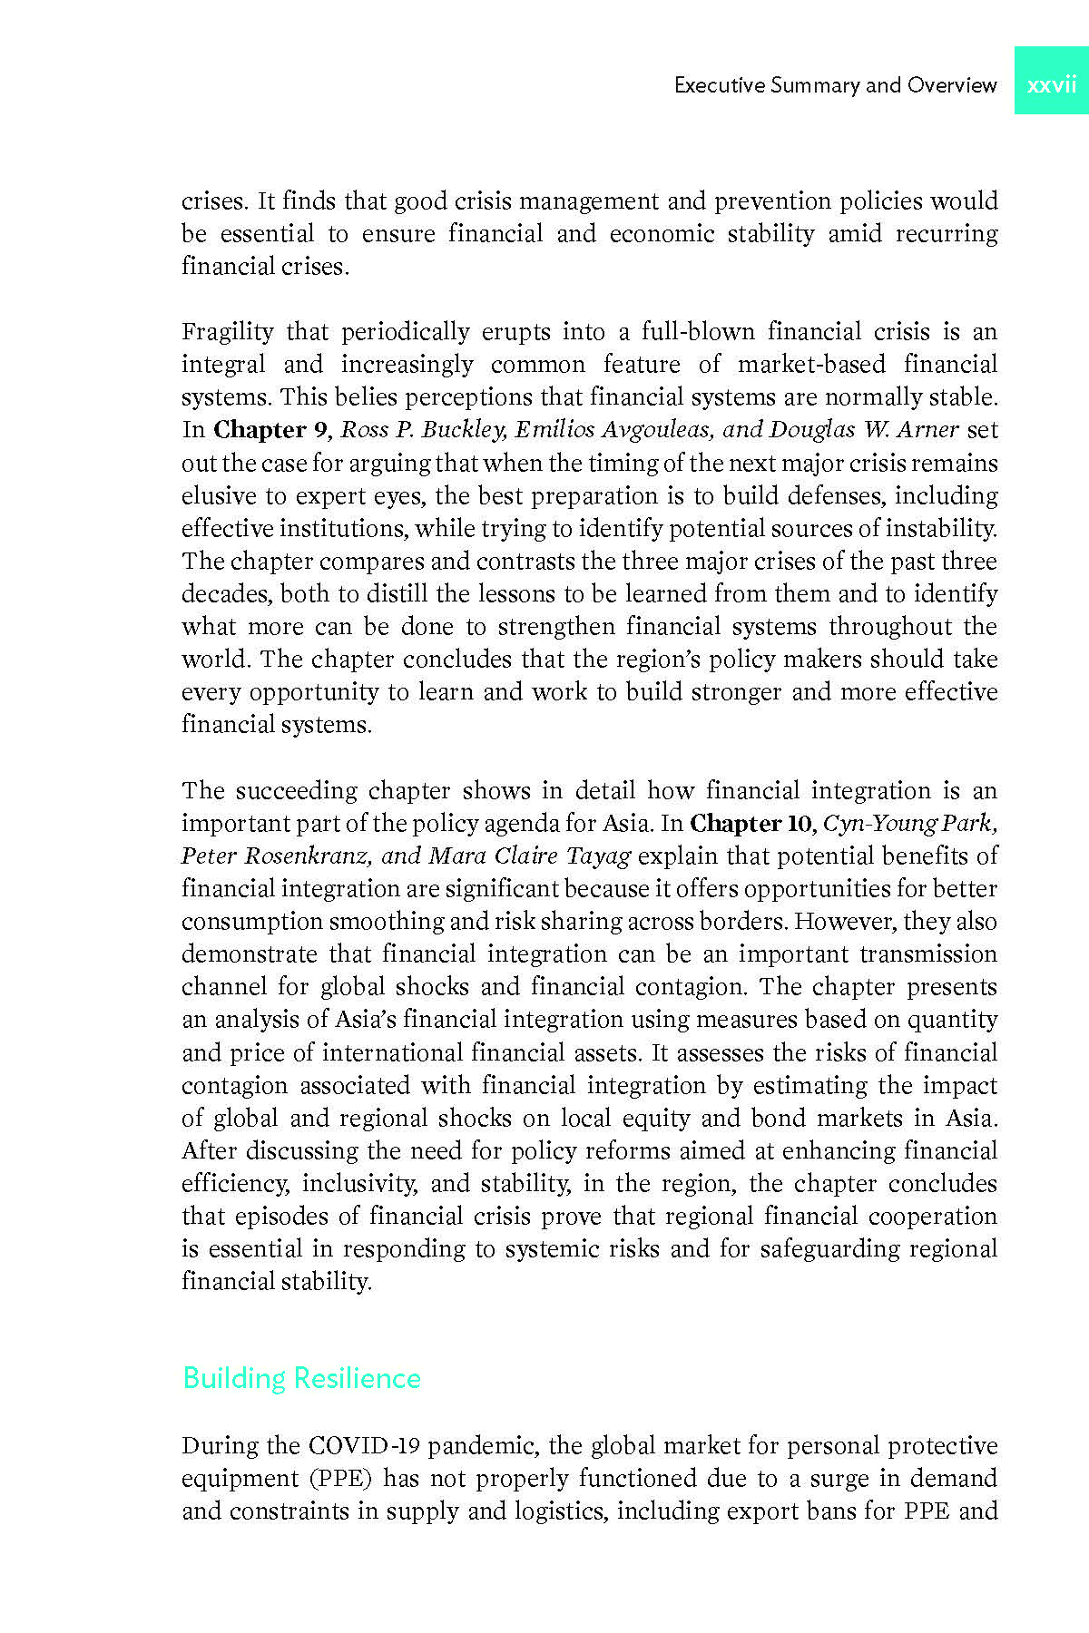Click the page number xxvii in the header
pos(1051,85)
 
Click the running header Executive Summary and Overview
pos(835,85)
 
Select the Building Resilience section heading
pos(301,1378)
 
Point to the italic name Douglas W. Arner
pos(863,430)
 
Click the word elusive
pos(219,496)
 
